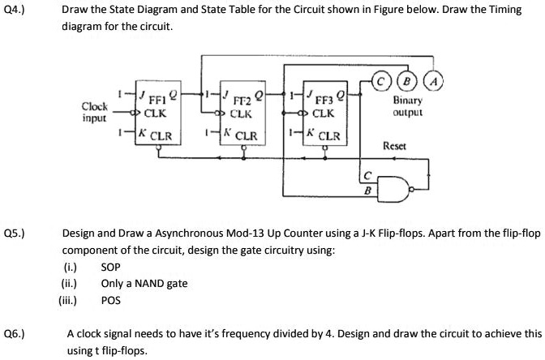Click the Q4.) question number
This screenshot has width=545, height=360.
[x=14, y=11]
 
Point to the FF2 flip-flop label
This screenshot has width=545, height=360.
[x=242, y=102]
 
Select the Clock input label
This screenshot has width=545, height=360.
[x=95, y=111]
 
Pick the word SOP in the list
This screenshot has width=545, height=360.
[x=110, y=267]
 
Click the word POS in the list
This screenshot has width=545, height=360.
[x=110, y=299]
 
